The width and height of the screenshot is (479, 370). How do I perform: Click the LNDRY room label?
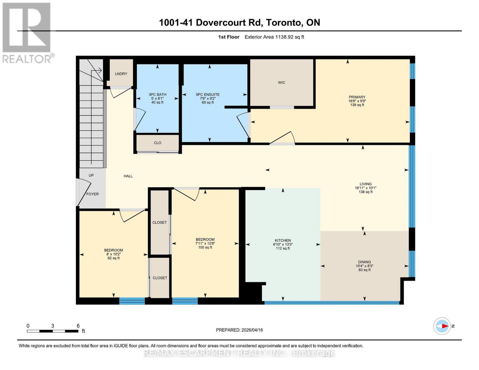tap(121, 74)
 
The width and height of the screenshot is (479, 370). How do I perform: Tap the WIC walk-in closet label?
tap(281, 82)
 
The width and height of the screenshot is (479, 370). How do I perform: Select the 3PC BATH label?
tap(157, 95)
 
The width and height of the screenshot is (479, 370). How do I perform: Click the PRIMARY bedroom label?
tap(357, 97)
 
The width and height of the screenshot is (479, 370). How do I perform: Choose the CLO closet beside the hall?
tap(157, 143)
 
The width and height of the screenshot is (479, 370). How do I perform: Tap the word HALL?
tap(128, 176)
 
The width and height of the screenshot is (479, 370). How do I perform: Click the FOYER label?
tap(92, 194)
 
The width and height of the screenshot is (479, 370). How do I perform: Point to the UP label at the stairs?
tap(91, 175)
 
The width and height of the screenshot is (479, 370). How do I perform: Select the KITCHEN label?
tap(283, 240)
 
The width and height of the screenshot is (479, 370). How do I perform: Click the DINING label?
tap(364, 262)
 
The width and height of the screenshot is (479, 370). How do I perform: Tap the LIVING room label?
tap(365, 184)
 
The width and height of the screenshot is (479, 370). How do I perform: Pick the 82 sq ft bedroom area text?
tap(114, 258)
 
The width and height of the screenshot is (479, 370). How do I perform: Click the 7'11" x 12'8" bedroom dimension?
tap(205, 243)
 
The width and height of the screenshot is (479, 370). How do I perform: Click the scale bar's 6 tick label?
tap(78, 326)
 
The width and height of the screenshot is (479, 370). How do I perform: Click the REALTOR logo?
tap(27, 32)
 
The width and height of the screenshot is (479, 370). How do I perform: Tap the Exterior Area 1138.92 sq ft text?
tap(274, 37)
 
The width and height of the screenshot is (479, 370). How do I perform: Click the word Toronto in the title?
tap(283, 23)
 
